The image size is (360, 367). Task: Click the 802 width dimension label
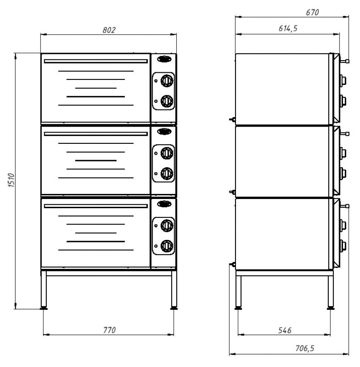pos(109,30)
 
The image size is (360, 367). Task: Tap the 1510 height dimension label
pos(11,180)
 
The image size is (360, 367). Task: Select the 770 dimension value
pos(109,330)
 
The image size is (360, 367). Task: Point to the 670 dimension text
pos(312,13)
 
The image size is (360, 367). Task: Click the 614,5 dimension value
pos(288,28)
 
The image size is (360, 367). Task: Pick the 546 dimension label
pos(285,330)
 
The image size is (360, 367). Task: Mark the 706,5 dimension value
pos(305,348)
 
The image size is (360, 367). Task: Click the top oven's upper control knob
pos(167,81)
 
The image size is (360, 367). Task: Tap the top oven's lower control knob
pos(167,101)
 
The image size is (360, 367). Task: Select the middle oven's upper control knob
pos(167,153)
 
